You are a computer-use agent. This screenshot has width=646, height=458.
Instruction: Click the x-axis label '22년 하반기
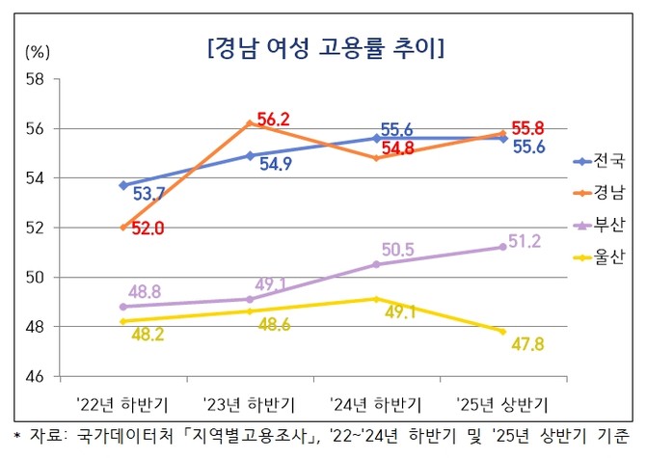coord(122,400)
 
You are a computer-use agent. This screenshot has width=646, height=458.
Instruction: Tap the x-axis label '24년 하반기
coord(375,400)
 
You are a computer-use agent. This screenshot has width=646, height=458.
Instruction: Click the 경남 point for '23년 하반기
coord(249,122)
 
